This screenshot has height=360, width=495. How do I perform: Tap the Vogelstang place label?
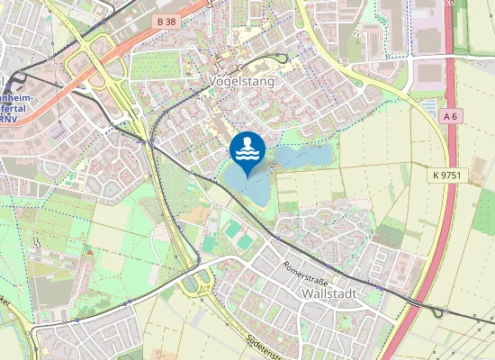click(241, 81)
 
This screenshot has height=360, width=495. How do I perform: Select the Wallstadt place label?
click(330, 294)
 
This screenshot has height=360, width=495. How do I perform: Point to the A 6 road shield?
click(452, 116)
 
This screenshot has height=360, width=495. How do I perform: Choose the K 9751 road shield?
click(445, 175)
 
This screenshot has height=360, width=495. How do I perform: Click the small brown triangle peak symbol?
click(90, 253)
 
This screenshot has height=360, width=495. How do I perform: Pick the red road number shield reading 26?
click(449, 4)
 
